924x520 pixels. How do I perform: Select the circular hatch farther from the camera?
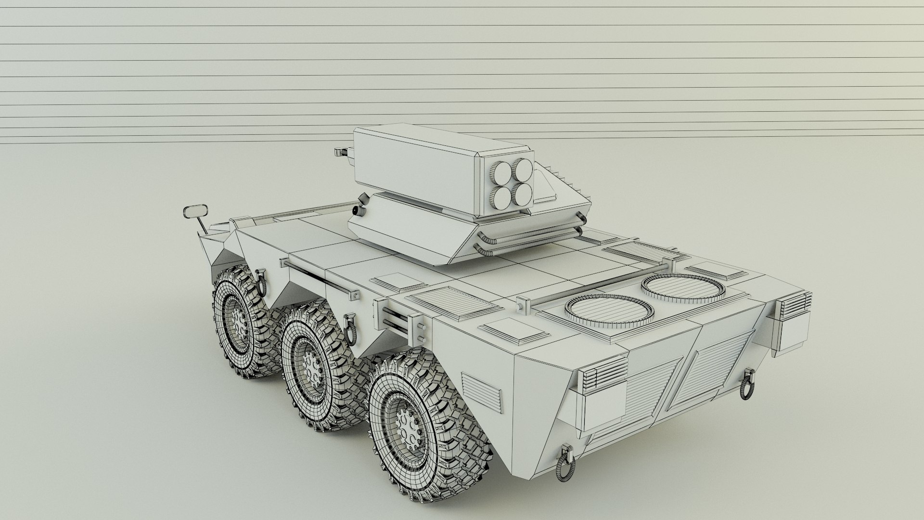click(x=682, y=288)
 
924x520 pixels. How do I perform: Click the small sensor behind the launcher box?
click(x=342, y=151)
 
